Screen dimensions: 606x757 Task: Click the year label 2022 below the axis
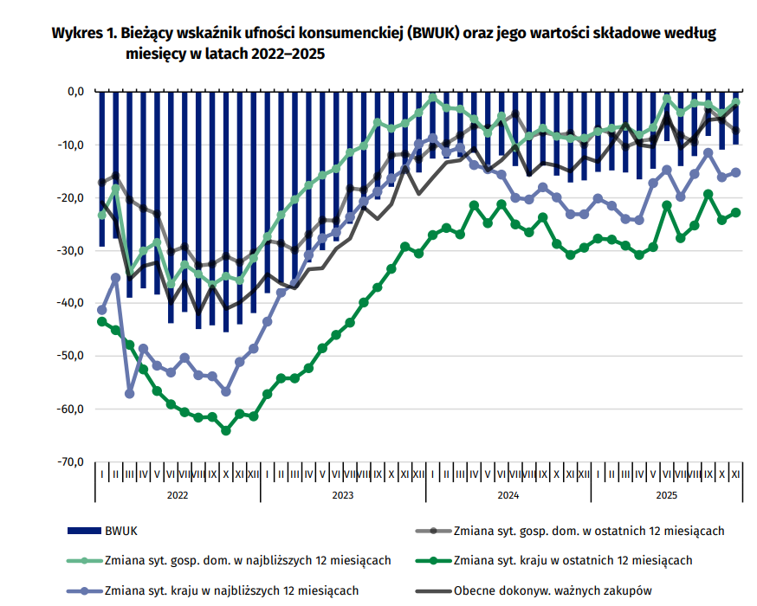click(x=178, y=495)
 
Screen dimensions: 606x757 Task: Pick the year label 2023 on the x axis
click(x=343, y=495)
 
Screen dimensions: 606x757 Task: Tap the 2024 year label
click(x=508, y=495)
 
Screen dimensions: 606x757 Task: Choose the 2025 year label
click(x=667, y=495)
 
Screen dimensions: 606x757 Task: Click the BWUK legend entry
click(x=122, y=530)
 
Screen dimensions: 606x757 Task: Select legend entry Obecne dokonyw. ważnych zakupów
click(x=552, y=591)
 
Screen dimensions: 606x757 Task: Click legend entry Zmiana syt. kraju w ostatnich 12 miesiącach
click(x=573, y=560)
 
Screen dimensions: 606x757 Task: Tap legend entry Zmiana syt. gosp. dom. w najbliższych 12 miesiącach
click(x=248, y=560)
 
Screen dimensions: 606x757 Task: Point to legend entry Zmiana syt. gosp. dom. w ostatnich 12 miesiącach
click(x=588, y=530)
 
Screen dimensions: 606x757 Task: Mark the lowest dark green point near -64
click(x=226, y=430)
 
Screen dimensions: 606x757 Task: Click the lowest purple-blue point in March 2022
click(x=130, y=394)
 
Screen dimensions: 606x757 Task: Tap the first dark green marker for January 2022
click(x=101, y=321)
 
